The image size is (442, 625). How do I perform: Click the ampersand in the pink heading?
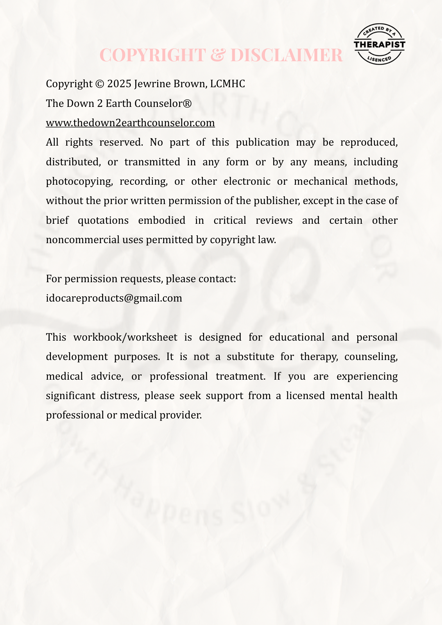point(219,55)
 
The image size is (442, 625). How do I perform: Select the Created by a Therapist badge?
point(379,44)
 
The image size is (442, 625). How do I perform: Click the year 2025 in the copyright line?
point(119,84)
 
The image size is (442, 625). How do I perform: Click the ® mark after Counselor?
point(187,103)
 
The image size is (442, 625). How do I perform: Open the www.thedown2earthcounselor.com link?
point(130,123)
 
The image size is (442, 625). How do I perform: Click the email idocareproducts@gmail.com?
point(114,298)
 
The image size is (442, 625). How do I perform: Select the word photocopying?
point(79,181)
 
